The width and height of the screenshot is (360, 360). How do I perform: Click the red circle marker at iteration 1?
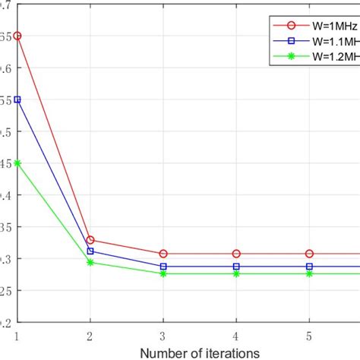(17, 36)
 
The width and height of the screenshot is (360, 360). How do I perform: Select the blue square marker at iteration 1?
(17, 99)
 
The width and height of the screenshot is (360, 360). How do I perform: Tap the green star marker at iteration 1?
(17, 163)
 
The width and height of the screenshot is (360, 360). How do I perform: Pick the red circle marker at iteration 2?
(90, 240)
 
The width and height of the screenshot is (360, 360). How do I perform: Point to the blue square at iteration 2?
(90, 251)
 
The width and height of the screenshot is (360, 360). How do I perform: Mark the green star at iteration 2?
(90, 262)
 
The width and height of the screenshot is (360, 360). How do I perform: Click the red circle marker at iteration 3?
(163, 254)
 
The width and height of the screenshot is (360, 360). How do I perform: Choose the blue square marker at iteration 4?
(236, 267)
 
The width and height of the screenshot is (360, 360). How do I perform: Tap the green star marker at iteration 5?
(309, 273)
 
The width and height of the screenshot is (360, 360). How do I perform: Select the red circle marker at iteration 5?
(309, 254)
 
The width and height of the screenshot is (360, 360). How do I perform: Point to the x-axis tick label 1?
(17, 335)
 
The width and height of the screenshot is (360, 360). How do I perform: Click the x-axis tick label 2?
(90, 335)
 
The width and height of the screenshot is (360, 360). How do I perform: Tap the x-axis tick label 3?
(163, 335)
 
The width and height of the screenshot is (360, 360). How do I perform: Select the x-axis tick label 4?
(236, 335)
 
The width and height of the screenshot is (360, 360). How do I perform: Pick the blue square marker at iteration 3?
(163, 267)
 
